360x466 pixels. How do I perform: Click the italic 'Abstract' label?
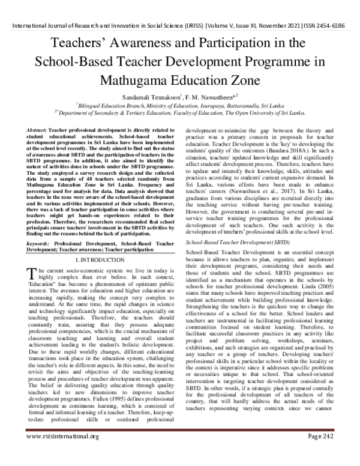(x=38, y=130)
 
